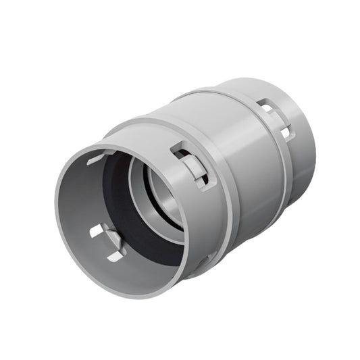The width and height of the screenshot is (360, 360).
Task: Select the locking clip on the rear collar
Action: [x=276, y=119]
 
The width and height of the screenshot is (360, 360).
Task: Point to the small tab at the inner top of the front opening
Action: [x=99, y=157]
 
